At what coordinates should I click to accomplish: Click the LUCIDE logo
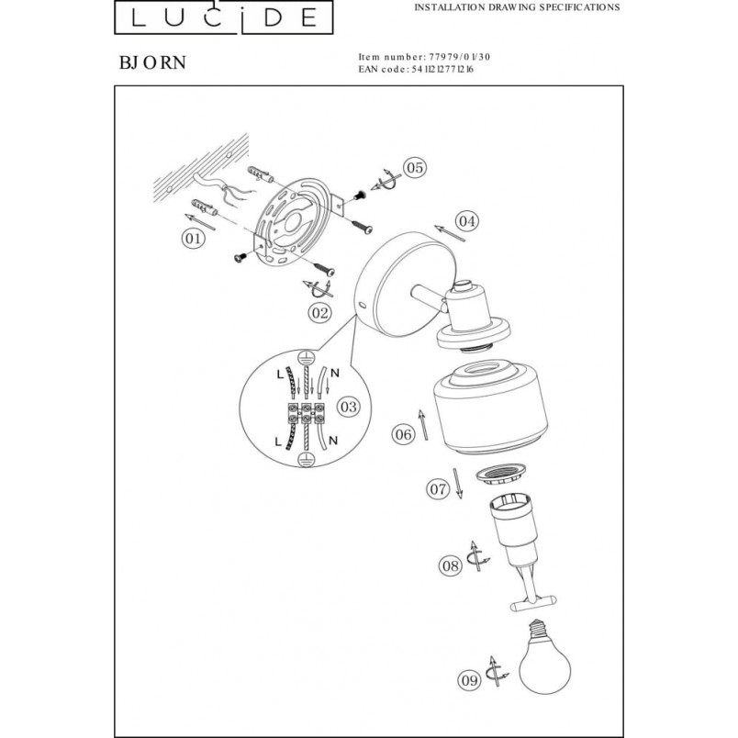point(224,17)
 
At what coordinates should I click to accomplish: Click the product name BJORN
point(152,62)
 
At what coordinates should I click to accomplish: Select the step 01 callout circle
point(193,239)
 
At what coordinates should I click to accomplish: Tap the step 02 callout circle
point(319,312)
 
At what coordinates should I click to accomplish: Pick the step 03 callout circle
point(349,407)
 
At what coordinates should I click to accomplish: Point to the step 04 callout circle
point(467,220)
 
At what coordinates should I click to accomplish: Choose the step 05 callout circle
point(415,168)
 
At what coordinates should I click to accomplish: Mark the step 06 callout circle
point(403,434)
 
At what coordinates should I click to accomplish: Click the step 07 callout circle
point(438,489)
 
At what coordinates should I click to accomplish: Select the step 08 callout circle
point(451,565)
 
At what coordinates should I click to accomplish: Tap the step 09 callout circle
point(469,680)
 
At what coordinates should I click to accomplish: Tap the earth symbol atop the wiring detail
point(306,357)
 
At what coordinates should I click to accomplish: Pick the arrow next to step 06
point(423,425)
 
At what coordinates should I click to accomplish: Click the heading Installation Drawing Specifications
point(517,7)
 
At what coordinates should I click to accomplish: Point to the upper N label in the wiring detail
point(335,374)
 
